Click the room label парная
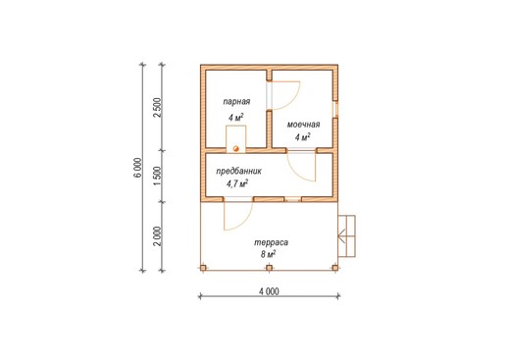coord(236,102)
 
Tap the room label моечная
coord(303,125)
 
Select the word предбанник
coord(239,171)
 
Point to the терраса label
coord(271,243)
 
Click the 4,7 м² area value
coord(237,183)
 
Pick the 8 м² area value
coord(268,254)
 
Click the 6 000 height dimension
coord(138,168)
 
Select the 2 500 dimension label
coord(157,108)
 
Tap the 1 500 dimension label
coord(157,177)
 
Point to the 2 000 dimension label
coord(157,236)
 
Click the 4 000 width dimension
coord(269,291)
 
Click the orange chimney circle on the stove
coord(235,149)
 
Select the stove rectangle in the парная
coord(235,139)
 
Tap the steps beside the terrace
coord(347,235)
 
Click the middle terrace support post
coord(269,268)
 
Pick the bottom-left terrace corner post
coord(203,268)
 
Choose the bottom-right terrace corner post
coord(335,268)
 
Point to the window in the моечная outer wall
coord(335,108)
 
